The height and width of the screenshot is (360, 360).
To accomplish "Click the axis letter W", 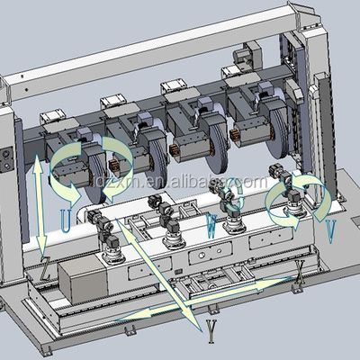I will (x=212, y=220).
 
